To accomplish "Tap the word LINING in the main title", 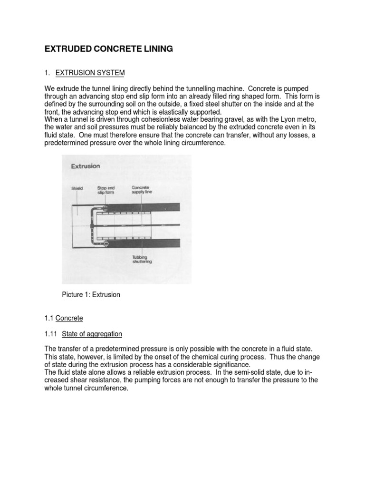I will pos(158,49).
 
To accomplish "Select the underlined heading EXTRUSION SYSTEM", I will pos(90,73).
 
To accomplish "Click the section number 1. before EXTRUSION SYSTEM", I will pos(47,73).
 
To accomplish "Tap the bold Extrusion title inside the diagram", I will pos(85,166).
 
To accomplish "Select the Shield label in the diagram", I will pos(77,188).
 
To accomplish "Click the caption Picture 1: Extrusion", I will pos(91,295).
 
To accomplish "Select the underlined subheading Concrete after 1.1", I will pos(69,318).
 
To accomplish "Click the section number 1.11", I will pos(50,334).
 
